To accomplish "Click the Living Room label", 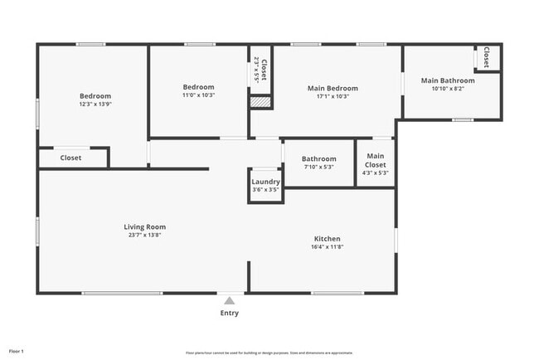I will (x=145, y=226).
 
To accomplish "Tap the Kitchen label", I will (x=327, y=239).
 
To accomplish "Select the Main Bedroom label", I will (x=333, y=88).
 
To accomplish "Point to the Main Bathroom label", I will (x=448, y=80).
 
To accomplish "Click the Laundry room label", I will (x=265, y=182).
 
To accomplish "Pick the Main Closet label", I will (x=376, y=160).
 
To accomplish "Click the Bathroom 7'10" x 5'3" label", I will (x=318, y=158).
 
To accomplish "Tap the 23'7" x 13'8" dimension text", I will (x=145, y=235).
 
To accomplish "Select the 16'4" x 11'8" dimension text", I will (x=327, y=247).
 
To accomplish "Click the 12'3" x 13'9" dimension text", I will (x=95, y=104).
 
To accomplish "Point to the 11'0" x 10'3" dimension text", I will (x=198, y=95).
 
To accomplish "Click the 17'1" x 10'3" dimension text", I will (x=333, y=96).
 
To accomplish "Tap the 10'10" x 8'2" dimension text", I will (x=448, y=89).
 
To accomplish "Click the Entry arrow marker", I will (x=230, y=299).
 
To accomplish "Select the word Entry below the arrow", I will (x=230, y=313).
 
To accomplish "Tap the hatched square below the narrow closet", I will (x=260, y=101).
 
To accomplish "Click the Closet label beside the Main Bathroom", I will (x=487, y=58).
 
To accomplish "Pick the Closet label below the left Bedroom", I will (x=70, y=158).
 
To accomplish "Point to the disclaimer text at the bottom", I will (x=269, y=352).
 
